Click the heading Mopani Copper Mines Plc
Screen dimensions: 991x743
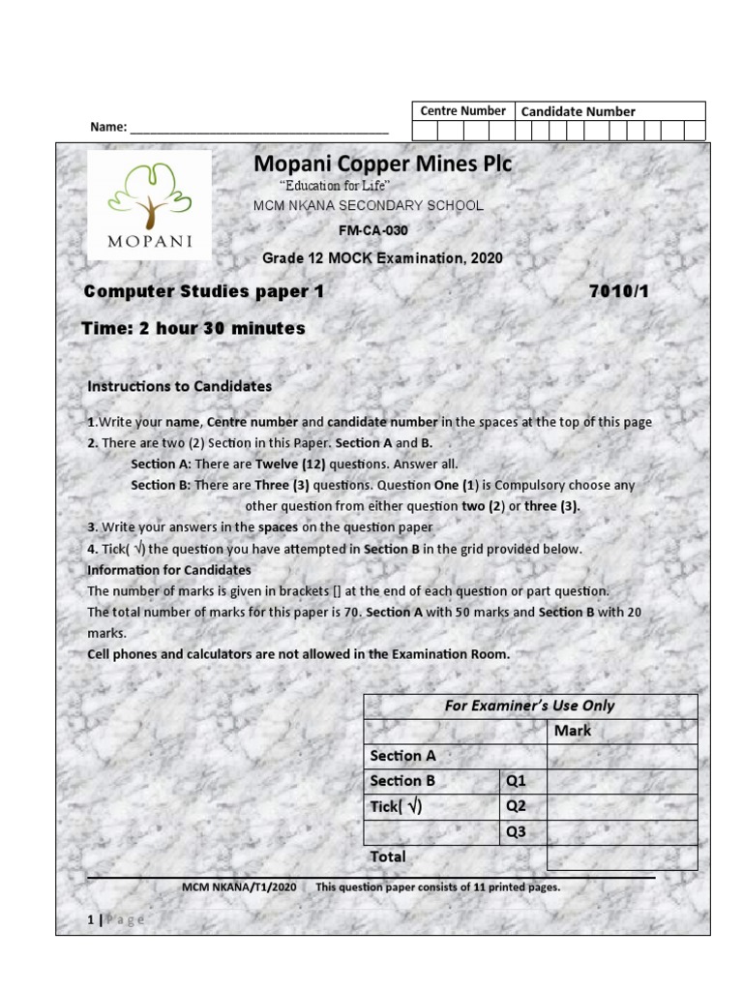tap(382, 164)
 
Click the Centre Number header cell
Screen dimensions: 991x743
tap(462, 111)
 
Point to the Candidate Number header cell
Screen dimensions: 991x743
tap(578, 111)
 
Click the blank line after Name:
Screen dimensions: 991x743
tap(258, 128)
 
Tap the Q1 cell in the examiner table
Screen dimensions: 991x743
tap(515, 781)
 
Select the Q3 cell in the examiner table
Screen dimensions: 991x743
tap(515, 831)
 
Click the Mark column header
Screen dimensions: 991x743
tap(573, 731)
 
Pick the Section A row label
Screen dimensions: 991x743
tap(402, 756)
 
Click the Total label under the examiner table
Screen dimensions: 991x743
tap(388, 856)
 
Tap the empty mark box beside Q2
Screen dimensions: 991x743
tap(621, 806)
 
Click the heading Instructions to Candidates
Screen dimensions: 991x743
tap(179, 386)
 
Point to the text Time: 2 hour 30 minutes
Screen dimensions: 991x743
tap(193, 328)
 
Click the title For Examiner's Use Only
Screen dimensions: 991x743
tap(529, 706)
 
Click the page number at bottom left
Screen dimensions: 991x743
tap(91, 919)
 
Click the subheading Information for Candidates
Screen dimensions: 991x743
tap(169, 570)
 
